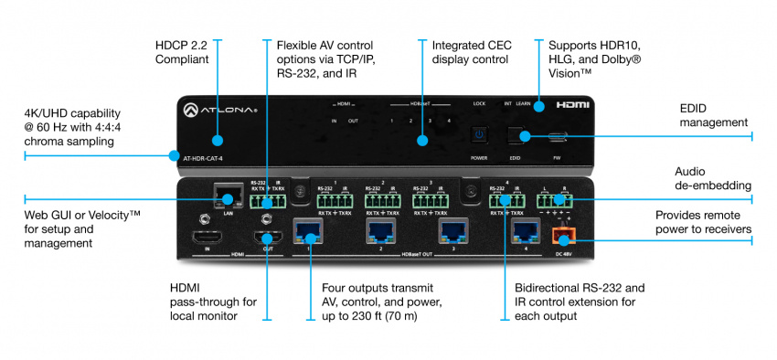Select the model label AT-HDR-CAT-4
(x=202, y=159)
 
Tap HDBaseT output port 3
(x=452, y=232)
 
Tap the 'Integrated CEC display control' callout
(x=471, y=52)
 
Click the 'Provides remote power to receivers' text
(x=702, y=221)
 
